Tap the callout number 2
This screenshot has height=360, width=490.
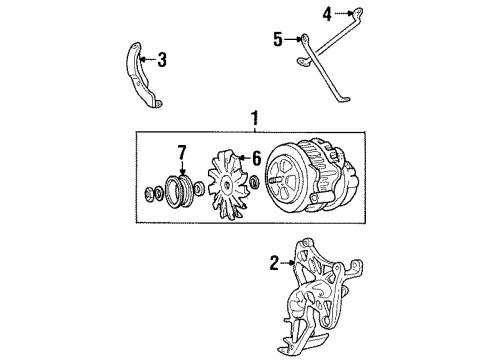tap(273, 264)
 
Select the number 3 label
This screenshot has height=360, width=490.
tap(162, 61)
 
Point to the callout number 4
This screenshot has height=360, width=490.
tap(325, 13)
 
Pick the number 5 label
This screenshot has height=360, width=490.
tap(278, 39)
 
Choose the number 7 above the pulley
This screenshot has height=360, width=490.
tap(181, 151)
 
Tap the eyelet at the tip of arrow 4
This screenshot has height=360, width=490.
tap(349, 12)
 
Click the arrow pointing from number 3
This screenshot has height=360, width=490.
tap(147, 61)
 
